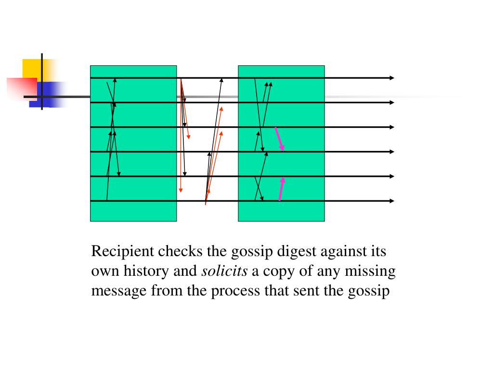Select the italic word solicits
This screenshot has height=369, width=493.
point(224,271)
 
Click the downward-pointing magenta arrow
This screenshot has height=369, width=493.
point(279,139)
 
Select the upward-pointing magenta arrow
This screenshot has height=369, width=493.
point(282,188)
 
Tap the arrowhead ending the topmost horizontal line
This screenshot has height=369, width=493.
point(391,78)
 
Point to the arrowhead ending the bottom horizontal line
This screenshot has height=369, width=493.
point(391,201)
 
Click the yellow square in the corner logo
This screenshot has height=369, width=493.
point(31,67)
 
